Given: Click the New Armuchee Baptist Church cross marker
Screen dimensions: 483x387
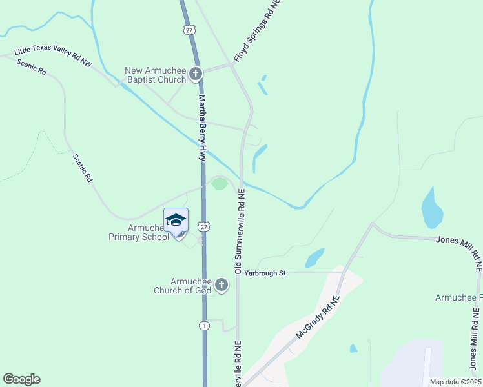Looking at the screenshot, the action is pos(196,74).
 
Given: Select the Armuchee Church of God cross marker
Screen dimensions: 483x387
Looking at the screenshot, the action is pos(221,285).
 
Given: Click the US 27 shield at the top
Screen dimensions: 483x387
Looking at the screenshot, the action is pos(189,30).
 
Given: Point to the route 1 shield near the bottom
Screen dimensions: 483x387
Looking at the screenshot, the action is pos(203,324).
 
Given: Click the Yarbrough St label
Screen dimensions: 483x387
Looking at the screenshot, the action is pos(265,273).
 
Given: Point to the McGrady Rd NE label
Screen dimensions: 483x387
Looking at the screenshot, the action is pos(318,319).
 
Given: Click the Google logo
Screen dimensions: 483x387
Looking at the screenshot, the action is pos(21,379).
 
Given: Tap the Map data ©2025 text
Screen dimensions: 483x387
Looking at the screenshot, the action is pos(455,381).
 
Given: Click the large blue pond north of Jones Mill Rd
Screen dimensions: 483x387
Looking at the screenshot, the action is pos(431,208).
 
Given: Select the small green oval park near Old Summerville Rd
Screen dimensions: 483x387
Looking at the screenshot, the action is pos(220,184).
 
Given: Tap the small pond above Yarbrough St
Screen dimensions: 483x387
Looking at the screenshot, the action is pos(314,257).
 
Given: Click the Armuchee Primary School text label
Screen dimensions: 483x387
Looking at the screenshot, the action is pos(139,232).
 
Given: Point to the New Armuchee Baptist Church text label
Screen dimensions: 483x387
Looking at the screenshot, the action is pos(156,75).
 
